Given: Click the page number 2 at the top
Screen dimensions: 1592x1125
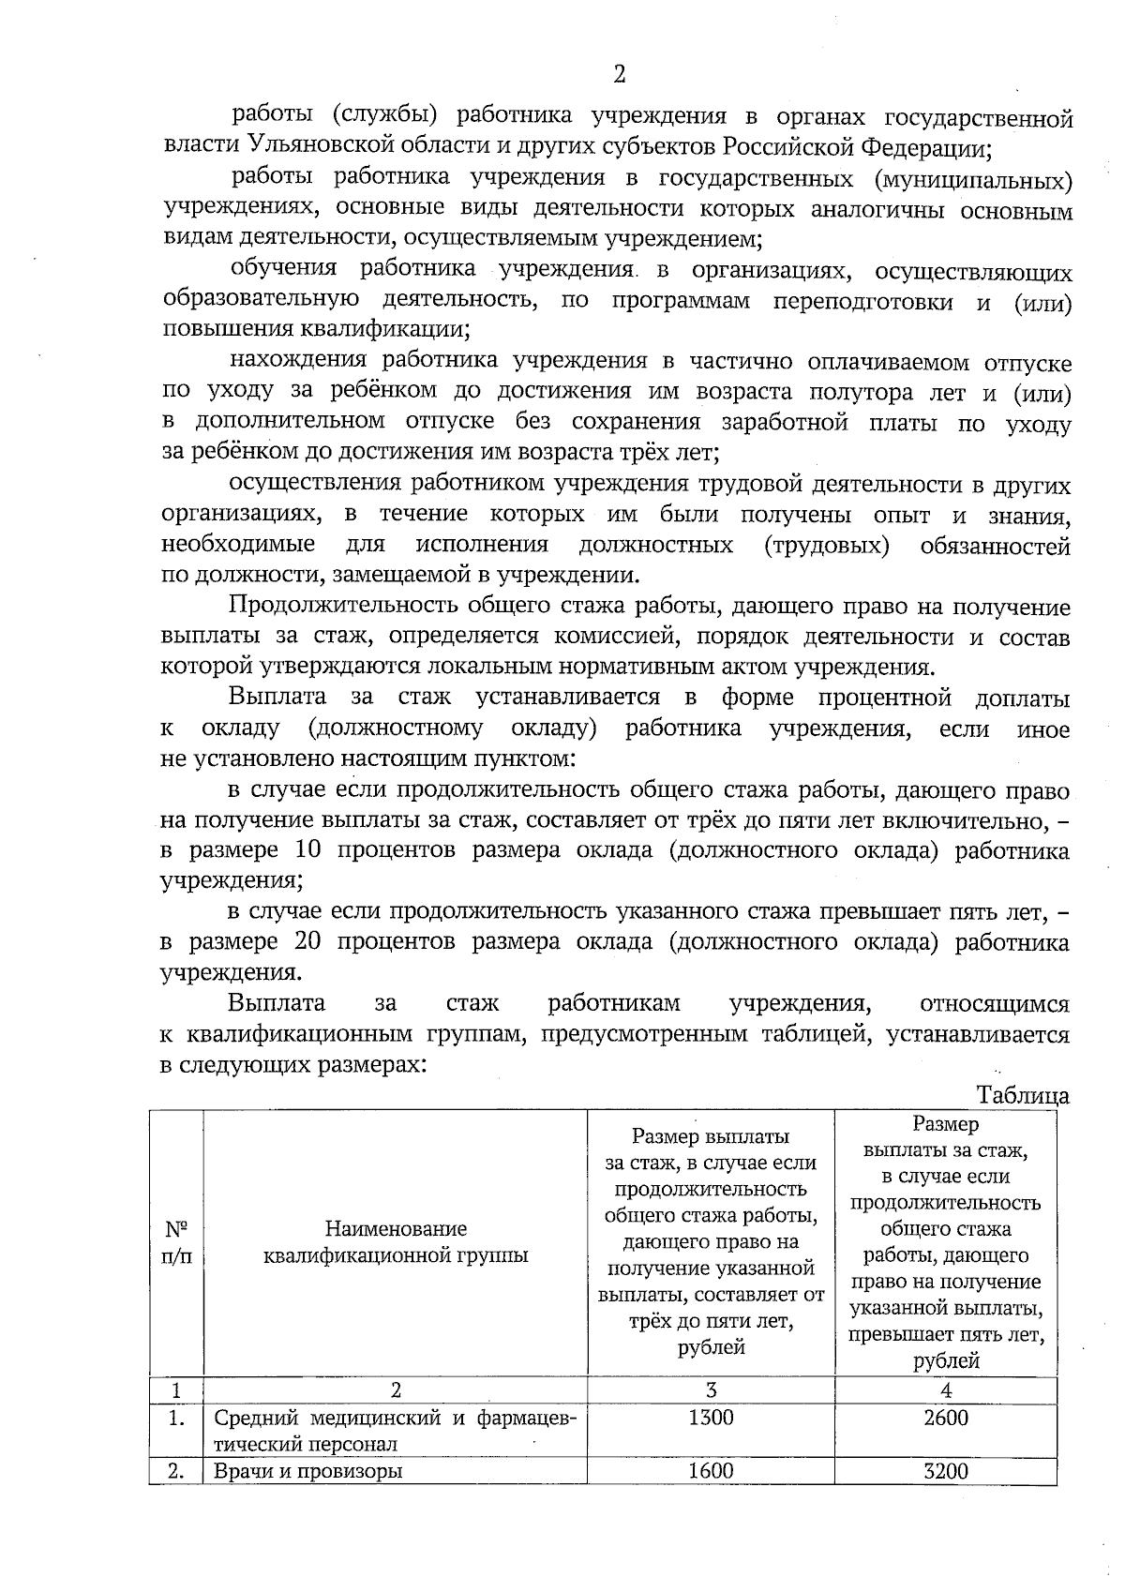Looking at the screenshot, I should coord(619,74).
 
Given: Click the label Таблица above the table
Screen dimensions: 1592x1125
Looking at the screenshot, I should coord(1022,1095).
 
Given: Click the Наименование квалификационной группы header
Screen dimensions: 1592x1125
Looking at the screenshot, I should coord(396,1241).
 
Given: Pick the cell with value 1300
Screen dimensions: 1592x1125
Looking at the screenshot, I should coord(711,1418).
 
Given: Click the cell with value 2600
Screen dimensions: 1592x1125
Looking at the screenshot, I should coord(945,1418).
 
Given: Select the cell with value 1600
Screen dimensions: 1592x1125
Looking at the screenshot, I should coord(711,1471).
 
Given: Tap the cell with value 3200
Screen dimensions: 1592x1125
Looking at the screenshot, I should coord(945,1471).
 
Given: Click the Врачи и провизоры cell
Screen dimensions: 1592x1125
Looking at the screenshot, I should coord(308,1471).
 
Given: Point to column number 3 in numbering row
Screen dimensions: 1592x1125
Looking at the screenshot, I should coord(711,1389).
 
